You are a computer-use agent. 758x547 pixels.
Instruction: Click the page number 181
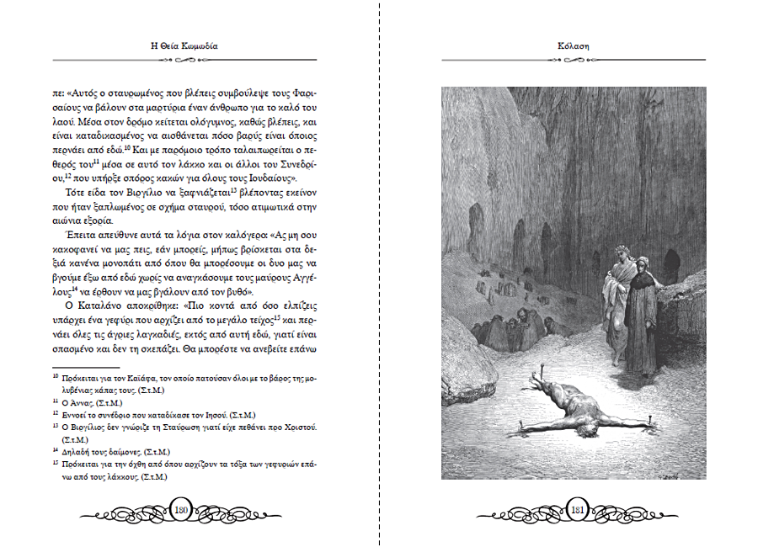(578, 509)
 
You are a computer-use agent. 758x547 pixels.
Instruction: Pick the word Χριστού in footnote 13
(298, 428)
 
